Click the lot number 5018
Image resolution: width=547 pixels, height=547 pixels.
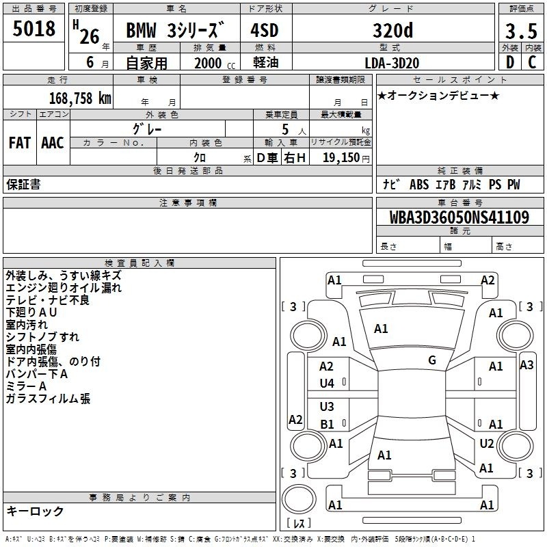[x=34, y=28]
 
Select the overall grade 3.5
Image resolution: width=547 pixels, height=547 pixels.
[x=521, y=31]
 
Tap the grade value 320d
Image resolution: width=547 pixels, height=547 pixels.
[x=392, y=30]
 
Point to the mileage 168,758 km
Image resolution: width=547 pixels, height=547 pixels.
[x=80, y=98]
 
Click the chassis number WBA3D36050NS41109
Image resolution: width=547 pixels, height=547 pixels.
[x=459, y=217]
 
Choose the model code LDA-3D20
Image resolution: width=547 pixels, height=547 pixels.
[x=392, y=63]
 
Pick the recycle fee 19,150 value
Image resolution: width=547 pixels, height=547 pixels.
[x=341, y=157]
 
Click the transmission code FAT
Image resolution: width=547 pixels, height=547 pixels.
[x=20, y=143]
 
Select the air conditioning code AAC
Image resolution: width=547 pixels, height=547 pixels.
[x=53, y=143]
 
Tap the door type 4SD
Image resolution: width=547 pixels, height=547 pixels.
[x=265, y=30]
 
